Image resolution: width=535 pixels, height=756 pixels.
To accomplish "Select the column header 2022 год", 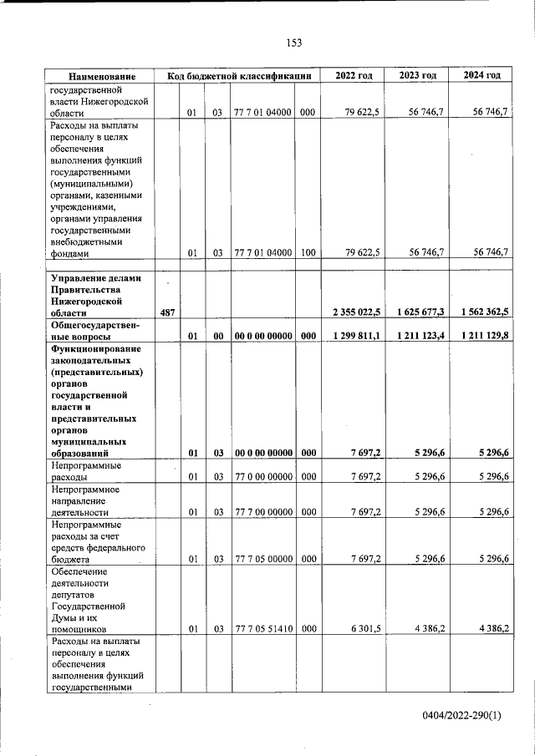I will click(x=354, y=76).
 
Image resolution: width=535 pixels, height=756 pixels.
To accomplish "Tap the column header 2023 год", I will click(x=417, y=76).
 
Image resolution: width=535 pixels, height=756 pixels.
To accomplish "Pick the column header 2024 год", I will click(x=481, y=76).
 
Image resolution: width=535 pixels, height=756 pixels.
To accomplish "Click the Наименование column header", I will click(x=102, y=76).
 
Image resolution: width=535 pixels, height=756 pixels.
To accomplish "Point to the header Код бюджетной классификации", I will click(x=239, y=76).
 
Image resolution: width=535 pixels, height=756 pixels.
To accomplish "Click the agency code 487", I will click(x=167, y=312).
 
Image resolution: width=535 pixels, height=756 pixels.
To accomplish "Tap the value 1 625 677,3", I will click(x=418, y=312).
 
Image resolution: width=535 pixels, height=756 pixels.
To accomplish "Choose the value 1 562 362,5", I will click(x=482, y=312).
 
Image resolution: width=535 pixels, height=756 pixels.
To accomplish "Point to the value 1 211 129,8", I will click(x=482, y=335).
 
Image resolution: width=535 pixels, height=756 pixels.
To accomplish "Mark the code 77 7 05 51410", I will click(x=263, y=627).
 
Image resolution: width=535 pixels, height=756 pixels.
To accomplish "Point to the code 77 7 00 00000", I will click(x=263, y=512).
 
